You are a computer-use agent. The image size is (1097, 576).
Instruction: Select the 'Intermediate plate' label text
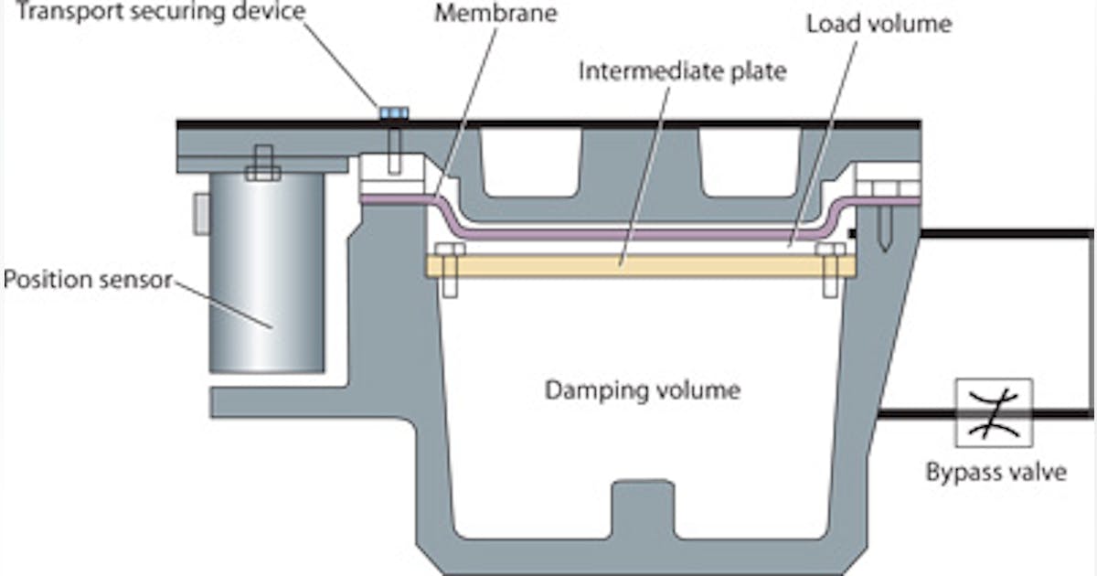click(681, 70)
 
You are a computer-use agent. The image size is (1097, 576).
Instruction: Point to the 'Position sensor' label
click(87, 279)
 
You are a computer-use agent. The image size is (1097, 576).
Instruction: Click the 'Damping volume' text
click(642, 390)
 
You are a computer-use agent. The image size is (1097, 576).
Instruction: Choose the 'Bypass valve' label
click(995, 473)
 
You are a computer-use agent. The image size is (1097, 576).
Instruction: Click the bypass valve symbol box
click(994, 413)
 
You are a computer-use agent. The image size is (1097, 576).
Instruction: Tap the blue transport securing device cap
click(394, 112)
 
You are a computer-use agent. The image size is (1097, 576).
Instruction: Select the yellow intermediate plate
click(640, 266)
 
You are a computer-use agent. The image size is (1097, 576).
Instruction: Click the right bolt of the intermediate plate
click(830, 270)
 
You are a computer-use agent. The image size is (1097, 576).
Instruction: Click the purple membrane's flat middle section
click(640, 235)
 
